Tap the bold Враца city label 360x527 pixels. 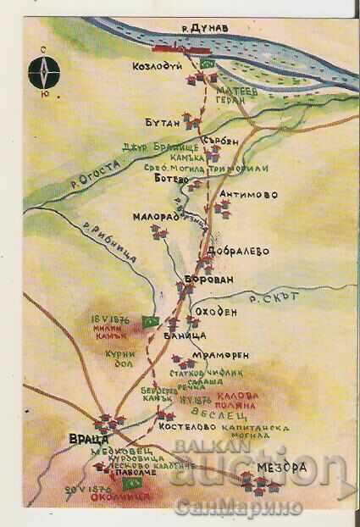click(x=87, y=439)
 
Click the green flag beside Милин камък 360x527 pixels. click(x=151, y=321)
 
